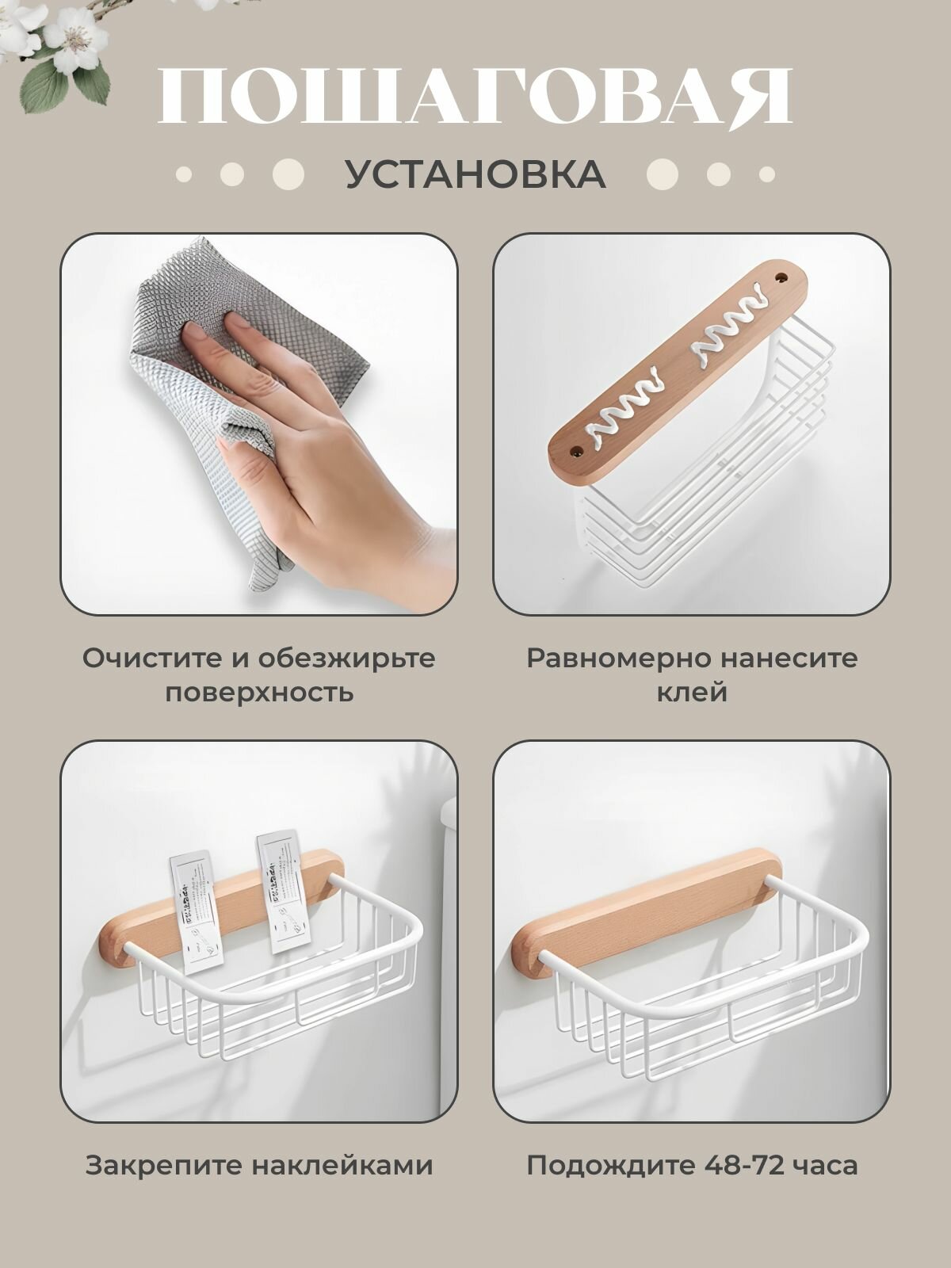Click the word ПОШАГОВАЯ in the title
[x=475, y=97]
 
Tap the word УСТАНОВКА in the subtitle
[x=475, y=174]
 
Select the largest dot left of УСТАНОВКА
[x=288, y=174]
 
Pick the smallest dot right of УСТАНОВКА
[x=767, y=174]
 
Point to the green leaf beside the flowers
[x=44, y=86]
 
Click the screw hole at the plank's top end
[x=782, y=277]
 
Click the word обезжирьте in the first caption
[x=346, y=658]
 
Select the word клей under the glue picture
[x=692, y=692]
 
